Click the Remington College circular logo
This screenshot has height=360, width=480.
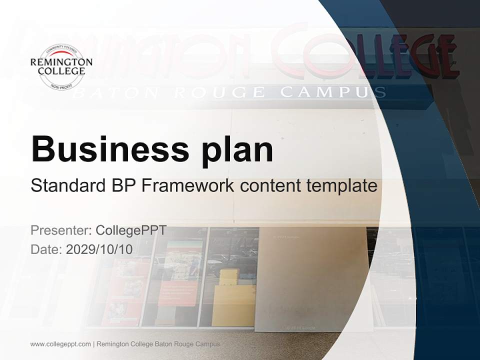[61, 66]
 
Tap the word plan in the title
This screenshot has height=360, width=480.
[238, 149]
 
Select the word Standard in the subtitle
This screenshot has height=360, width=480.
[66, 186]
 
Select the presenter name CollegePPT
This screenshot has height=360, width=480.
[131, 230]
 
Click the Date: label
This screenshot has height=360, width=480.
[46, 249]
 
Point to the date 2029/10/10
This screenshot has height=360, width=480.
[99, 249]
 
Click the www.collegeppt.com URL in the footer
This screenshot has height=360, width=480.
[60, 344]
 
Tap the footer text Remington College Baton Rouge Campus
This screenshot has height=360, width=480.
[158, 344]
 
